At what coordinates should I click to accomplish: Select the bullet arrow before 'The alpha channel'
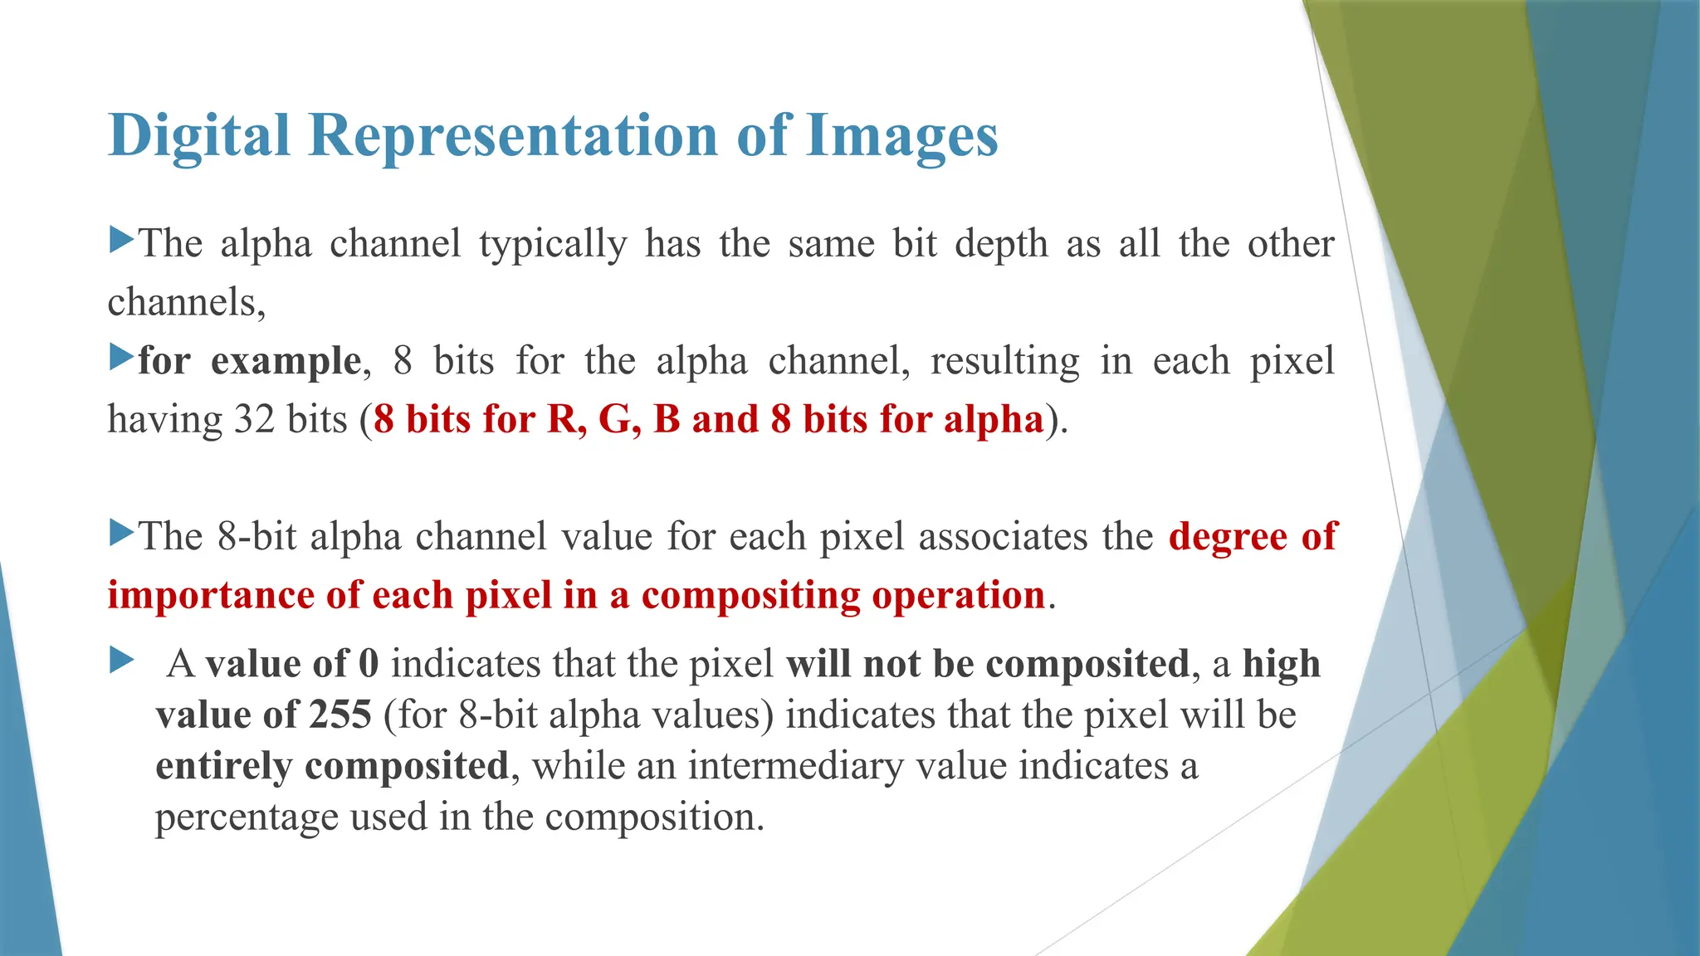pos(121,241)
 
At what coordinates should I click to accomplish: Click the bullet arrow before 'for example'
pos(121,358)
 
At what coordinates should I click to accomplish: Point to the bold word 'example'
pos(286,362)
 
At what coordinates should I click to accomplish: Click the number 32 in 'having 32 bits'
pos(254,419)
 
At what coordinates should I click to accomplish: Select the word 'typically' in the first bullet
pos(553,245)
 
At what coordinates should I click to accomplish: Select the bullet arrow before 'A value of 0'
pos(121,661)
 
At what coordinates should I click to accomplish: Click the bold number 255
pos(340,715)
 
